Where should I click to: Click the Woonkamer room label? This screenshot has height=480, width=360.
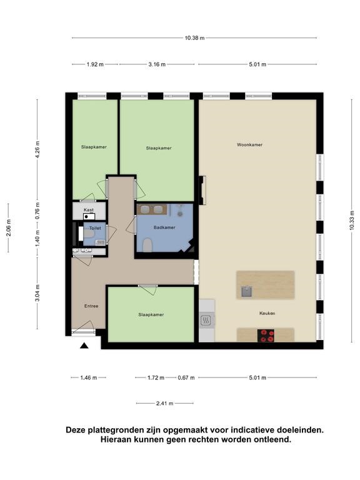(x=249, y=145)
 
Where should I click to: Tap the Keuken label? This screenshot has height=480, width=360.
(x=267, y=313)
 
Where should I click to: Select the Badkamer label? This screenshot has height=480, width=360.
(x=164, y=227)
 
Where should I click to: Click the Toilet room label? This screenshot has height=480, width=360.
(x=95, y=228)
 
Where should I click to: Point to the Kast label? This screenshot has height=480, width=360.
(x=89, y=210)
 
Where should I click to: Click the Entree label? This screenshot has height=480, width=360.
(x=91, y=306)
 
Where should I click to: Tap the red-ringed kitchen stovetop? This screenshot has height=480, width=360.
(x=266, y=336)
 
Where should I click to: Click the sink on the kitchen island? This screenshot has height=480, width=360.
(x=246, y=291)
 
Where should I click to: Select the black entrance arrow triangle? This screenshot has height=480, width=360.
(x=84, y=346)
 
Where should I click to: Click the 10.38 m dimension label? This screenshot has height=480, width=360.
(x=194, y=38)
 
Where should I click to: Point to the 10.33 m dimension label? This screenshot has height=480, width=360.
(x=351, y=221)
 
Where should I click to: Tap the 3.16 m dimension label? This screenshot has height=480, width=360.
(x=157, y=64)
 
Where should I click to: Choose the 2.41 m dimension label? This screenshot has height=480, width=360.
(x=165, y=404)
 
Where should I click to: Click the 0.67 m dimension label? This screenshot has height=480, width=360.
(x=186, y=377)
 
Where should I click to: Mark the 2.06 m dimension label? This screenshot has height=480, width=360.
(x=9, y=228)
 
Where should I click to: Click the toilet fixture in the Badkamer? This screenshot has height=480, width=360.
(x=147, y=244)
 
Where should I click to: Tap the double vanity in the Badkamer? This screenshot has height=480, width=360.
(x=152, y=209)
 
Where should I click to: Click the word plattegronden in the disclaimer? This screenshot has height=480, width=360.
(x=121, y=430)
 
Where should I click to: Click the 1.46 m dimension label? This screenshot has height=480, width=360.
(x=89, y=377)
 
